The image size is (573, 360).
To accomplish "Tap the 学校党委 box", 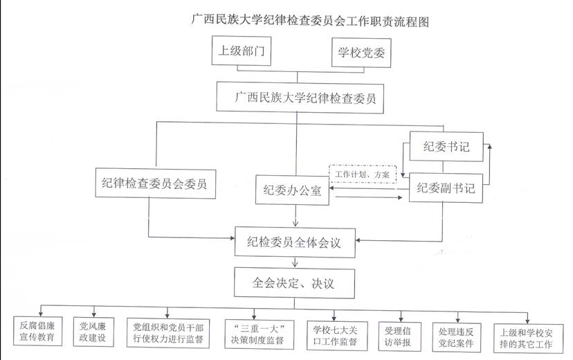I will click(x=361, y=51).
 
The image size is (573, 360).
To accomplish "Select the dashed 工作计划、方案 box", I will click(x=361, y=176).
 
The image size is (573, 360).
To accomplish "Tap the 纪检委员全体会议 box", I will click(x=298, y=243).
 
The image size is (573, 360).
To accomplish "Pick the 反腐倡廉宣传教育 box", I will click(x=37, y=332).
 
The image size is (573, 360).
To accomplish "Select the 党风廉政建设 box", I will click(x=93, y=332).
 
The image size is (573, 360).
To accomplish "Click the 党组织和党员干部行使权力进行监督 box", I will click(x=168, y=332).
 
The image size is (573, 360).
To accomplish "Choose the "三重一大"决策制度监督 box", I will click(x=258, y=332).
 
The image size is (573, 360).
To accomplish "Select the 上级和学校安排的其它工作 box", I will click(x=527, y=332).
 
